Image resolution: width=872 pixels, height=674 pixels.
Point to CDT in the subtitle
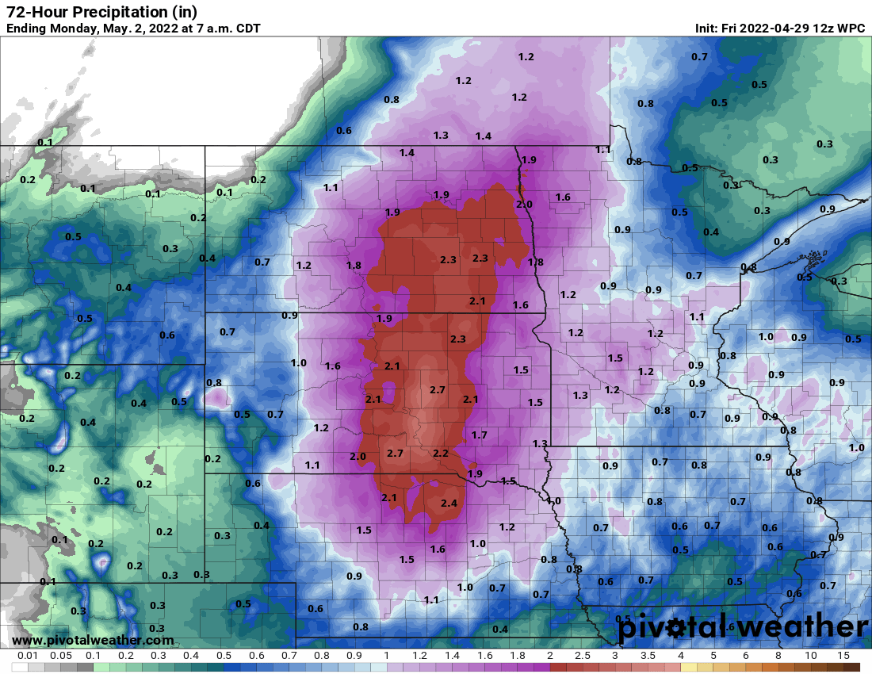click(x=247, y=29)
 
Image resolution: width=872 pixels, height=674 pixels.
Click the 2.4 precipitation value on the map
click(x=449, y=504)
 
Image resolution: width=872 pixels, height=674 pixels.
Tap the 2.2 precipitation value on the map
click(x=441, y=453)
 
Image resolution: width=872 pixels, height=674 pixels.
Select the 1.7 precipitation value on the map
click(x=479, y=435)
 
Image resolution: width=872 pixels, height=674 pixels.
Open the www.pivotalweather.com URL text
click(x=93, y=640)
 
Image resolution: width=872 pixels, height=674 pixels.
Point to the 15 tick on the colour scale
click(x=843, y=657)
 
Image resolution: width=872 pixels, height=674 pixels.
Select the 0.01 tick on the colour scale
click(x=29, y=657)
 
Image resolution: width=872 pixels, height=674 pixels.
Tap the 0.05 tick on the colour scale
click(x=61, y=657)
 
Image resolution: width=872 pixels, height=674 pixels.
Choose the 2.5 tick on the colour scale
click(x=582, y=657)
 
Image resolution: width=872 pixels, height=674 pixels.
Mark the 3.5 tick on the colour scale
click(x=648, y=657)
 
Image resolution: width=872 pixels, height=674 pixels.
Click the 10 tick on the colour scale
click(x=810, y=657)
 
